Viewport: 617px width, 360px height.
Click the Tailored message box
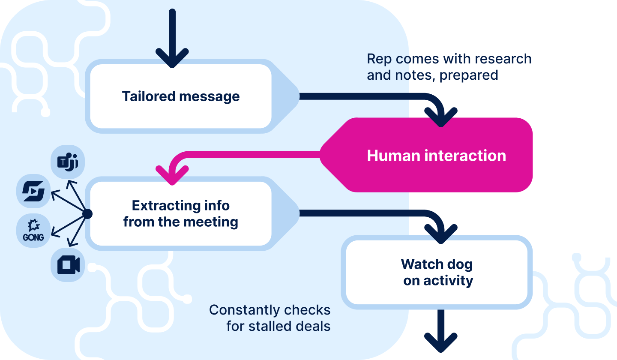(180, 96)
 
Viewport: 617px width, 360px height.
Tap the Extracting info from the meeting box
(180, 214)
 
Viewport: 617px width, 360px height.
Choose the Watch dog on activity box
(437, 273)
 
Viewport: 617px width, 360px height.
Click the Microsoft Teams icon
(68, 162)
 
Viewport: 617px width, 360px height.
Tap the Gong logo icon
(33, 230)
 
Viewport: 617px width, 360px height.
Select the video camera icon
(68, 265)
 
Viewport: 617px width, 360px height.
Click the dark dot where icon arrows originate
(87, 214)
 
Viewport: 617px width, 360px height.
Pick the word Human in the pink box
(393, 155)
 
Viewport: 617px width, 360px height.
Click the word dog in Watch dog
(459, 264)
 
